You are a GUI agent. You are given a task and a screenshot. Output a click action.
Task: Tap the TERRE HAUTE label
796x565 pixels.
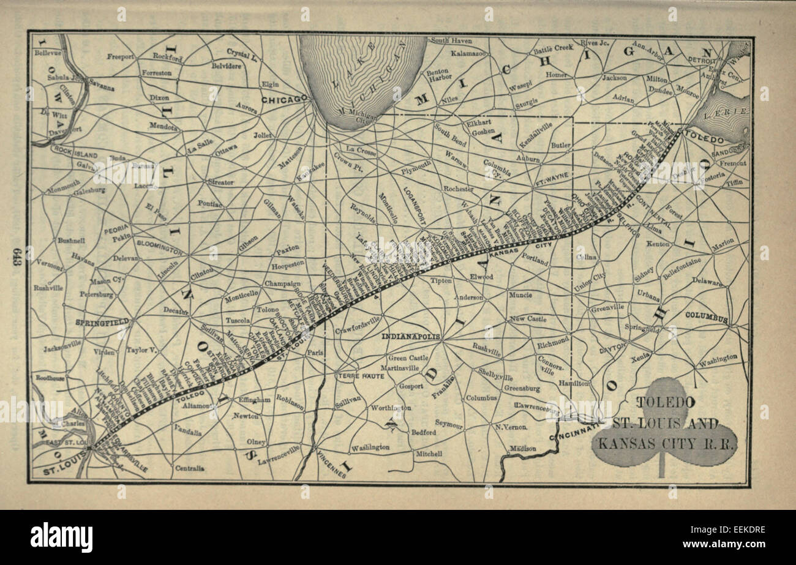(361, 376)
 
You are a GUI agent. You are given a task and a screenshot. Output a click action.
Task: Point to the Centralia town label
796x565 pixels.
(189, 468)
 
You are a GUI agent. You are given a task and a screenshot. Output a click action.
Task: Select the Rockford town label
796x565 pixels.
(168, 58)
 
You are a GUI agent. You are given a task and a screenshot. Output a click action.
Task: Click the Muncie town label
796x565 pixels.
(520, 295)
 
